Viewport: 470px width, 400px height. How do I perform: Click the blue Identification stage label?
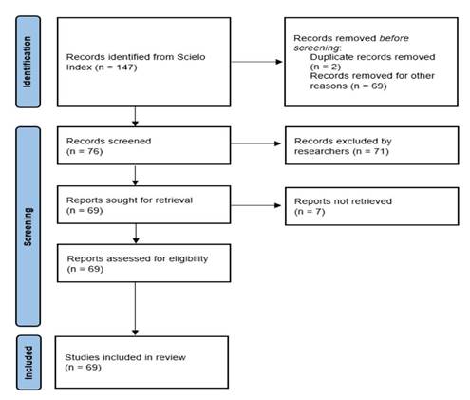click(28, 62)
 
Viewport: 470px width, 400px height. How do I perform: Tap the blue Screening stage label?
click(28, 226)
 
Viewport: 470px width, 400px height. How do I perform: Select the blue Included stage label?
click(28, 363)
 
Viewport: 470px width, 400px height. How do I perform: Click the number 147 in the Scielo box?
click(125, 67)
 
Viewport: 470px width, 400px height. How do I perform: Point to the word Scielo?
click(191, 57)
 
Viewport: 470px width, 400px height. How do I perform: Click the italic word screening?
click(316, 48)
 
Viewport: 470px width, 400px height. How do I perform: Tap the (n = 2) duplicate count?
click(326, 67)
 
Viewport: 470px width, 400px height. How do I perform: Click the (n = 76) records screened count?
click(85, 151)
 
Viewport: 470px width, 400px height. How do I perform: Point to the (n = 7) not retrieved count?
click(310, 211)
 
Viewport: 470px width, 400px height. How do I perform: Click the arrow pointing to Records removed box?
click(256, 62)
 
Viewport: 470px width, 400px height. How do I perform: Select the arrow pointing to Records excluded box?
click(255, 143)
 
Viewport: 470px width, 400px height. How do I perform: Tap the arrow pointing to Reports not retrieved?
click(255, 205)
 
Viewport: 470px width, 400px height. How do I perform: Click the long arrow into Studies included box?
click(135, 309)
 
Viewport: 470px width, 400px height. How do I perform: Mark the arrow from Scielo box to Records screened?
click(135, 117)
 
